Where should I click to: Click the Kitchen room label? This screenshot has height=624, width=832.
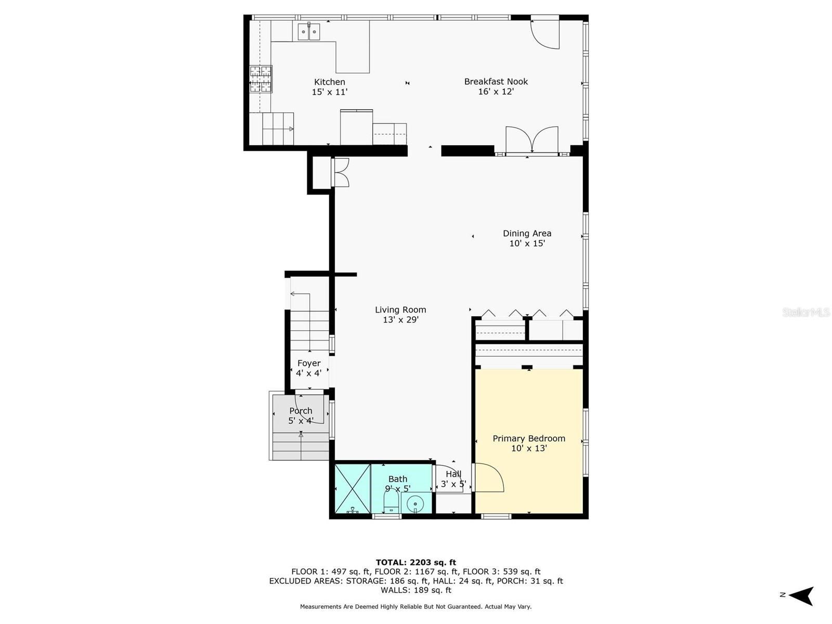click(x=329, y=82)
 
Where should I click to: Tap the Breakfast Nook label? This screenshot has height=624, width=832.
click(x=496, y=82)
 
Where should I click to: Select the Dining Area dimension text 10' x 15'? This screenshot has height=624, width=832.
click(x=526, y=243)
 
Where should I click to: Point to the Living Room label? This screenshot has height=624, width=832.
click(x=400, y=309)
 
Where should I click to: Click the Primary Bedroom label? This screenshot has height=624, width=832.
click(x=529, y=438)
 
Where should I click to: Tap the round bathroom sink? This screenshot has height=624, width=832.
click(x=415, y=504)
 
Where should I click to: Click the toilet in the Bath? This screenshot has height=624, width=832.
click(x=391, y=502)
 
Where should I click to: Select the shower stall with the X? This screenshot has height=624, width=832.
click(x=352, y=488)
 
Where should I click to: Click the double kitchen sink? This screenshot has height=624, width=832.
click(x=308, y=32)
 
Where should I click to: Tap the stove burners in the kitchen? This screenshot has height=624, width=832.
click(x=261, y=79)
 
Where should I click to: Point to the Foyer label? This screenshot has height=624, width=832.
click(x=308, y=363)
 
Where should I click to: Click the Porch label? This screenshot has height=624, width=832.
click(x=301, y=411)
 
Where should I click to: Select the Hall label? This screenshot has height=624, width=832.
click(x=453, y=474)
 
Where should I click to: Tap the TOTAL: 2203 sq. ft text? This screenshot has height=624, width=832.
click(x=416, y=562)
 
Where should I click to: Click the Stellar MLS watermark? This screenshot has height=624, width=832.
click(x=805, y=312)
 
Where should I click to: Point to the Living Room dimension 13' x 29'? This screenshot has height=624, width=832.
click(x=400, y=320)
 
